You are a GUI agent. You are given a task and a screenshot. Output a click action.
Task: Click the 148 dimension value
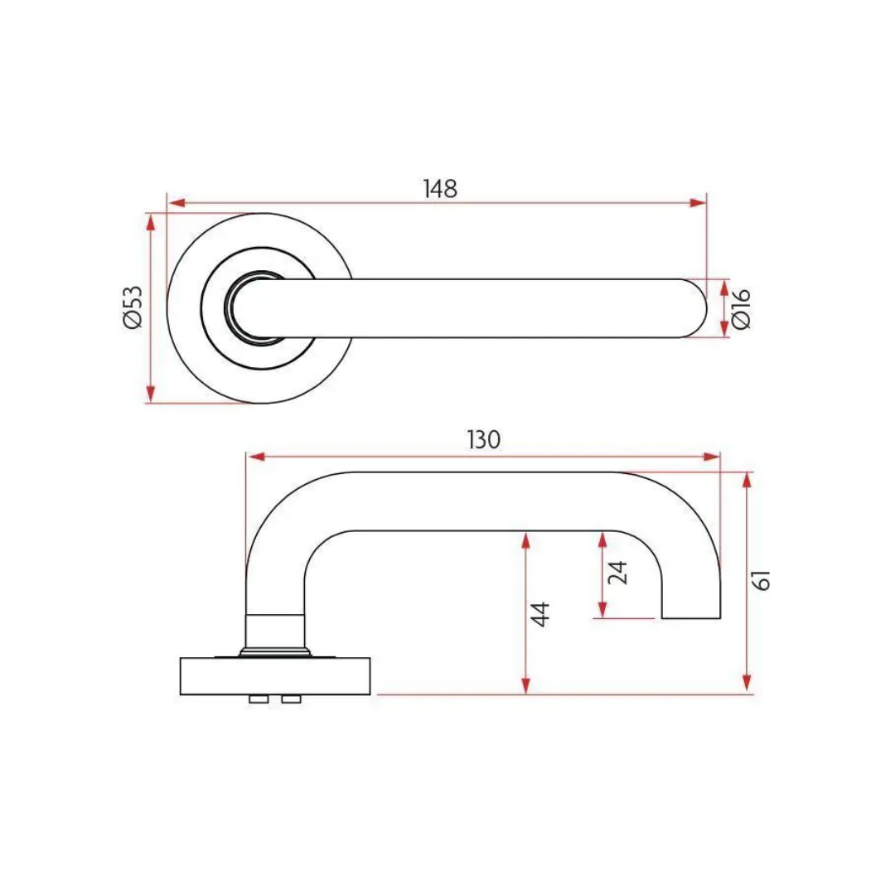coord(440,188)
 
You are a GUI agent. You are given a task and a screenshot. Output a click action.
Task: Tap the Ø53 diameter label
coord(133,307)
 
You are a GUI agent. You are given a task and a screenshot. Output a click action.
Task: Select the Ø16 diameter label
coord(742,308)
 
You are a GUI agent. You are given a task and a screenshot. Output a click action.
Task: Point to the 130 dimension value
coord(484,440)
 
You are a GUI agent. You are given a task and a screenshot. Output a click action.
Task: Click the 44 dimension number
coord(540,614)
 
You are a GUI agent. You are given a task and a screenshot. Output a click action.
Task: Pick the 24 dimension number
coord(618,573)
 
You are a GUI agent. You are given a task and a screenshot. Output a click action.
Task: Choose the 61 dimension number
coord(764,579)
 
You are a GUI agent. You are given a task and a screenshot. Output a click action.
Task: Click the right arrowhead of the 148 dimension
coord(699,202)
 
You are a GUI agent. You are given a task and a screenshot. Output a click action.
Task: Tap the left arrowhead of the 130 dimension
coord(255,457)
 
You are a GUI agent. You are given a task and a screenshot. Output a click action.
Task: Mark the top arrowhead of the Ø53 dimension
coord(150,221)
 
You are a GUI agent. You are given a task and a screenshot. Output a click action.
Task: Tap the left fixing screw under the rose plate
coord(259,700)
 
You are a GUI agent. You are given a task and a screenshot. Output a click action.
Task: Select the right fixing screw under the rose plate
coord(290,700)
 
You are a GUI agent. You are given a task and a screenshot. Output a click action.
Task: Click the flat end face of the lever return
coord(691,618)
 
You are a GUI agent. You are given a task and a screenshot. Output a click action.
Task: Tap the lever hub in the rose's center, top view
coord(249,307)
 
